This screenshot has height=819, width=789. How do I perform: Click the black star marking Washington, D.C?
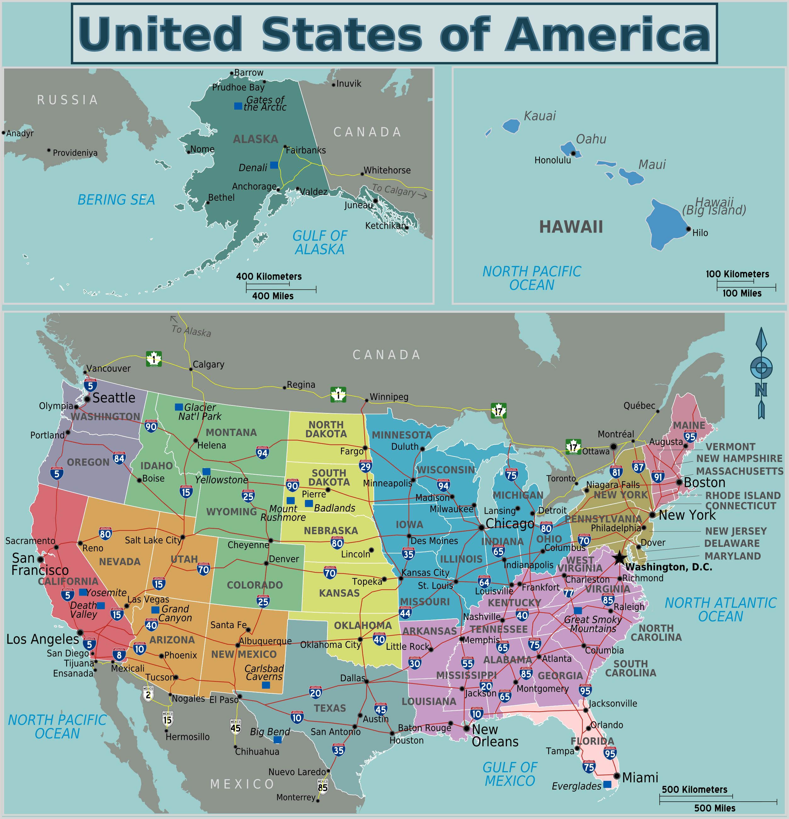click(619, 558)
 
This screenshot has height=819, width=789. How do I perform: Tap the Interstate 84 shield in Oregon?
click(119, 458)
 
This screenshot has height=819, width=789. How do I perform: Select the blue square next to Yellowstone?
click(206, 472)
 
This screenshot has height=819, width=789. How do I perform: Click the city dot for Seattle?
click(87, 399)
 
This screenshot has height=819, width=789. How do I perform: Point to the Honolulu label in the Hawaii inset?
click(552, 160)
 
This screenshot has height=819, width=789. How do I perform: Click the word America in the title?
click(607, 34)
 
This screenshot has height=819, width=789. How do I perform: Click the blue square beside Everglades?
click(607, 784)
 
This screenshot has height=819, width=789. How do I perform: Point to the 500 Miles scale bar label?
click(715, 808)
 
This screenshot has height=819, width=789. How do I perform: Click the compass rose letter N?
click(761, 390)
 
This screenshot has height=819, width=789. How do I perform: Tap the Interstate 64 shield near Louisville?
click(484, 582)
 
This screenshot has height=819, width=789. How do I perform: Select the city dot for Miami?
click(616, 776)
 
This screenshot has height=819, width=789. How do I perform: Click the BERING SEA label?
click(116, 200)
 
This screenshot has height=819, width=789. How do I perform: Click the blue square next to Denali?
click(274, 165)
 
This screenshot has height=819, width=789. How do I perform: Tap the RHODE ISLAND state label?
click(743, 495)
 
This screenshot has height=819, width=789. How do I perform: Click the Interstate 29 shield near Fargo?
click(366, 466)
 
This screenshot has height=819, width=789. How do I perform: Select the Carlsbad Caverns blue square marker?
click(266, 685)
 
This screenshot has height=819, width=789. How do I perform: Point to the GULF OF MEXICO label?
click(509, 774)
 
